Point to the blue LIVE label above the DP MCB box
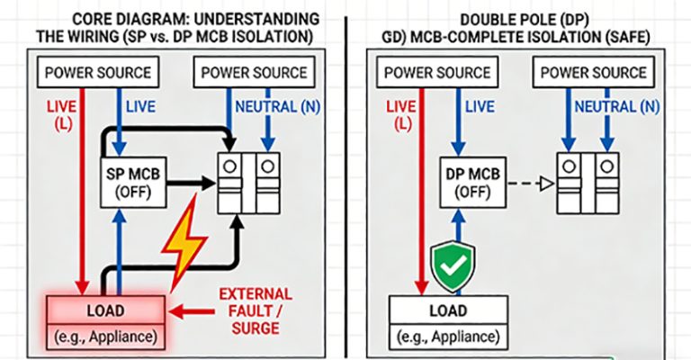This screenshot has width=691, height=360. pos(479,107)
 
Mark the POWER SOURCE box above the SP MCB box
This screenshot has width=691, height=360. pos(98,72)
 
